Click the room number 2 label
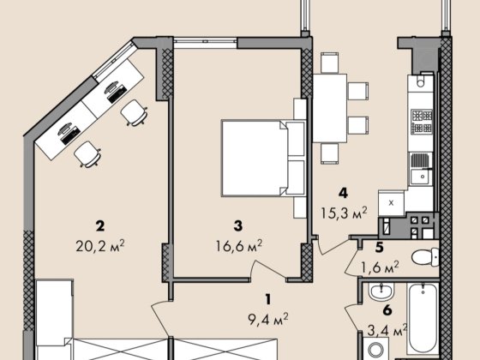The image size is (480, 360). tap(100, 226)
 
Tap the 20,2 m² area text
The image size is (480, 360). tap(100, 245)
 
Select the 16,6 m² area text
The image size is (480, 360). tap(239, 245)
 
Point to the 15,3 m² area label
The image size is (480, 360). tap(344, 213)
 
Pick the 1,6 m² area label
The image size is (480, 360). tap(381, 267)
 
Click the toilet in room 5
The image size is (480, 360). tap(425, 257)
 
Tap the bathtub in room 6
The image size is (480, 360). tap(423, 318)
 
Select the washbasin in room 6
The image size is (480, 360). tap(381, 291)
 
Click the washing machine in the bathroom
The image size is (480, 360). tap(376, 349)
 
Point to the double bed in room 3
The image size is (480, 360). tap(264, 158)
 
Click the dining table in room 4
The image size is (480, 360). tap(330, 108)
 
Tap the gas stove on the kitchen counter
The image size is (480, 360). tap(422, 122)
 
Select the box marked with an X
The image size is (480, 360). tap(391, 202)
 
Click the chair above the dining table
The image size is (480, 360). tap(330, 63)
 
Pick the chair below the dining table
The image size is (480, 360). tap(330, 153)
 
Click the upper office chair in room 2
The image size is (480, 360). tap(134, 112)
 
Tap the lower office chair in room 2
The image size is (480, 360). tap(87, 154)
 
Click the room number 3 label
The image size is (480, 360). tap(238, 226)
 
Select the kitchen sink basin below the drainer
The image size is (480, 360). tap(420, 177)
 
